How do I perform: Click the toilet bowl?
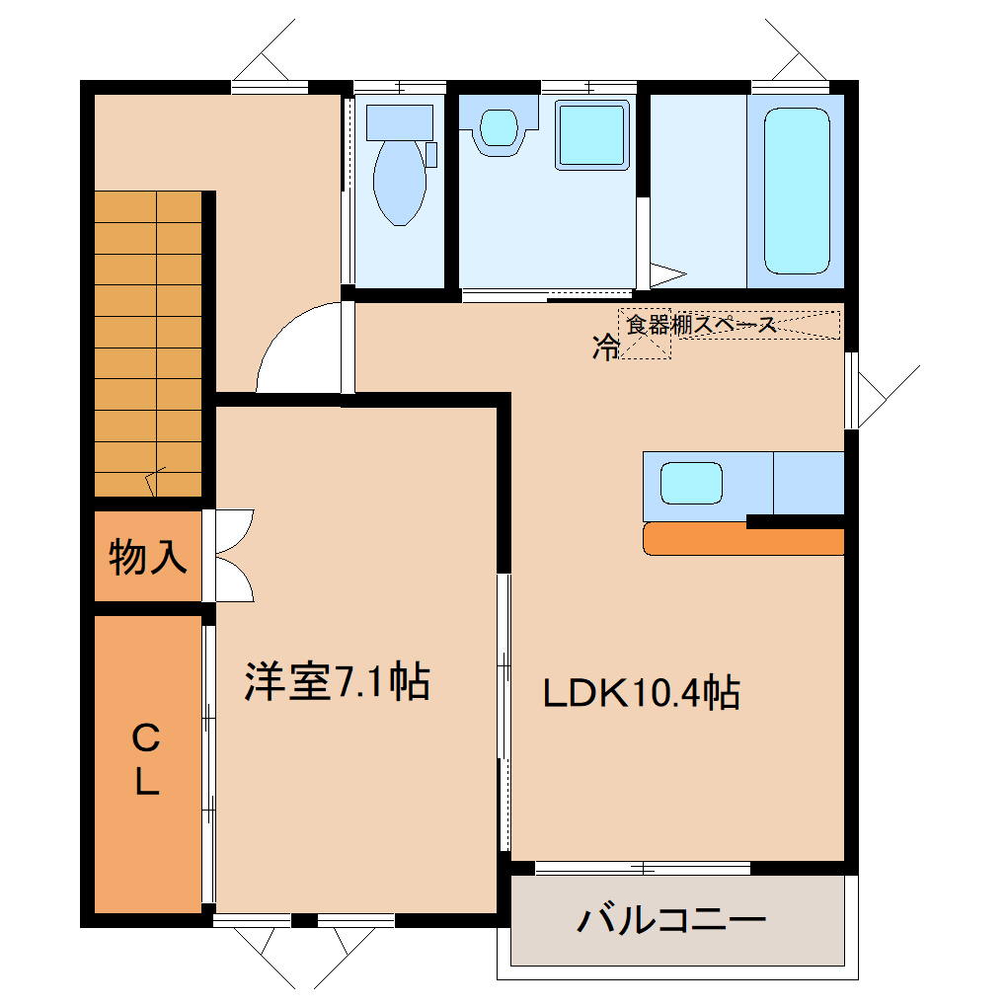400,183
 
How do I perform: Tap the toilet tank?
400,122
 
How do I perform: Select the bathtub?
797,191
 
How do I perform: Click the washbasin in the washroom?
499,127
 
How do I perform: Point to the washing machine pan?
591,135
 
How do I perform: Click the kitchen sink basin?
691,483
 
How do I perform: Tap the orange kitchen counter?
743,539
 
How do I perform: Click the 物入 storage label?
148,557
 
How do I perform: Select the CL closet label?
146,759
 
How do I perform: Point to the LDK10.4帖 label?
641,692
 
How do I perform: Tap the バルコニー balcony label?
671,920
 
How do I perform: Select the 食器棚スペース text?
701,325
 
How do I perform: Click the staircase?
148,344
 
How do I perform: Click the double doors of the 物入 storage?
234,556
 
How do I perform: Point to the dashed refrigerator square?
645,334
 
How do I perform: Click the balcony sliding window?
643,868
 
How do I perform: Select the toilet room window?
400,87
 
